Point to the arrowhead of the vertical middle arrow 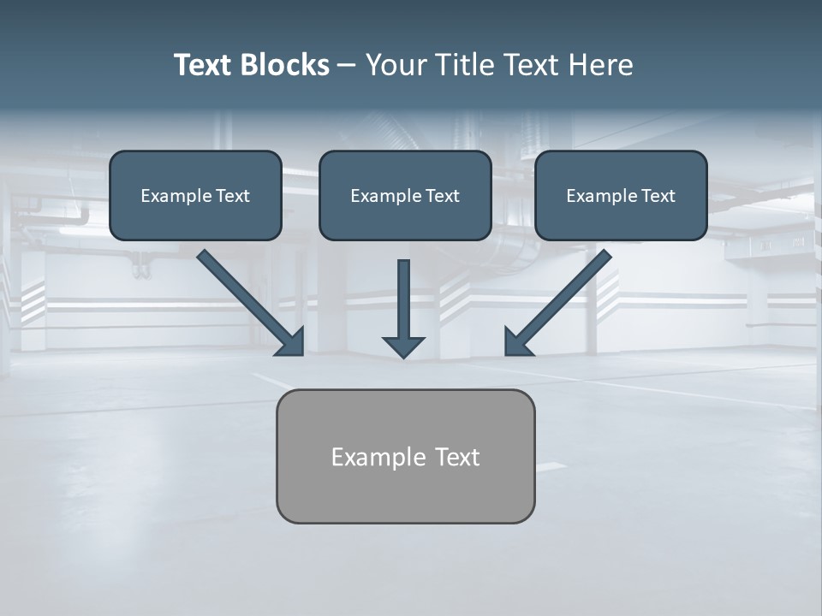(403, 346)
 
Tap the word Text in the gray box (457, 458)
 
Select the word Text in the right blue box (658, 196)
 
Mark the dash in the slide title (347, 65)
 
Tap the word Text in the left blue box (233, 196)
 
